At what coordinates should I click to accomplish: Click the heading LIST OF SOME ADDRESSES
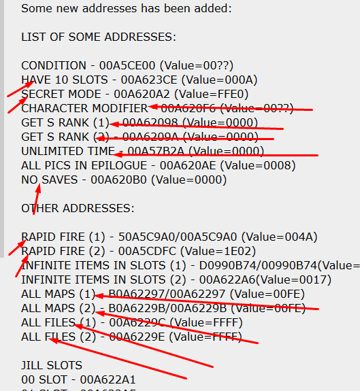click(98, 36)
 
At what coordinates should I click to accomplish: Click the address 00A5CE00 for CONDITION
click(123, 65)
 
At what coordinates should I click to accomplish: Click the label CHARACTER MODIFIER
click(84, 108)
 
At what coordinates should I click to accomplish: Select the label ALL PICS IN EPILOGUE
click(86, 165)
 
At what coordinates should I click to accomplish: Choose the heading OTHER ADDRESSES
click(78, 208)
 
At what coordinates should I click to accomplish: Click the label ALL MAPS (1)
click(59, 294)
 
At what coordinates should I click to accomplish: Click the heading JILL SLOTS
click(51, 365)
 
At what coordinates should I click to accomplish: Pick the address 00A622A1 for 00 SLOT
click(111, 379)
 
